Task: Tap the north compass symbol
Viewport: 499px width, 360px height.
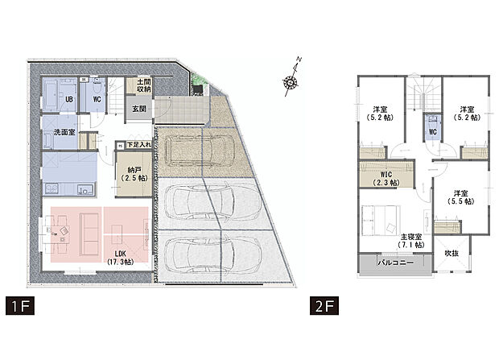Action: pyautogui.click(x=291, y=80)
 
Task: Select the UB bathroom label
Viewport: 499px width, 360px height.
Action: pyautogui.click(x=69, y=100)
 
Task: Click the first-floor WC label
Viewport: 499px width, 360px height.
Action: pyautogui.click(x=96, y=100)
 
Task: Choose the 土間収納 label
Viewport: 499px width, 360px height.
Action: pyautogui.click(x=143, y=86)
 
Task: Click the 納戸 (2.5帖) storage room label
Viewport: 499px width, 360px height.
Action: pyautogui.click(x=135, y=174)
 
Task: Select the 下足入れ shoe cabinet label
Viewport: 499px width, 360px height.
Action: pyautogui.click(x=138, y=145)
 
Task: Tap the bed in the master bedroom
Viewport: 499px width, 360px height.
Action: pyautogui.click(x=378, y=220)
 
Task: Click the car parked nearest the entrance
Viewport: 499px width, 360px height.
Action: pyautogui.click(x=198, y=148)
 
